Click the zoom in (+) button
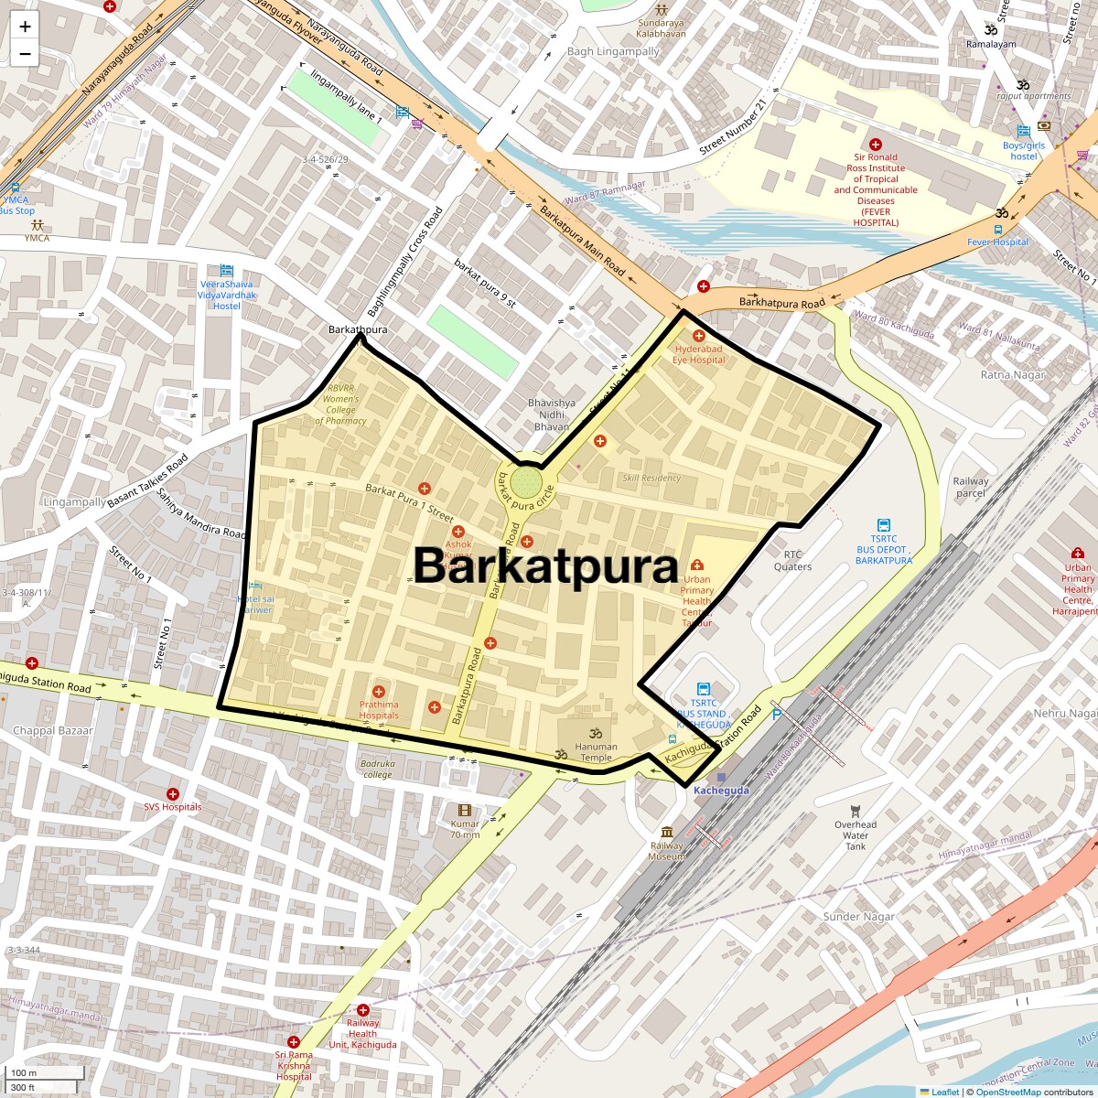click(25, 27)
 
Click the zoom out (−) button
click(25, 54)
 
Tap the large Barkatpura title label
click(545, 566)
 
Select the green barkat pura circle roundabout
click(525, 481)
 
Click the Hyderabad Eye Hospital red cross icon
click(699, 336)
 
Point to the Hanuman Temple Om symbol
click(596, 734)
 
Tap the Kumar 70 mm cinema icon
click(465, 810)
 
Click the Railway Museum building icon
click(667, 832)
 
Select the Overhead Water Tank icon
click(856, 811)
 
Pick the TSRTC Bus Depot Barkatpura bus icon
click(883, 525)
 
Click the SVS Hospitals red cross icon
click(172, 793)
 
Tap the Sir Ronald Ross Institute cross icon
click(876, 145)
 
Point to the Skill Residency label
click(651, 478)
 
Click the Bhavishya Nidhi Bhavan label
click(552, 414)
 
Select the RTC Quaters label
click(792, 561)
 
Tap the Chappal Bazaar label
click(53, 731)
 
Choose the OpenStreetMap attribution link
click(1007, 1092)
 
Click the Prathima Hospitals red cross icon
click(379, 691)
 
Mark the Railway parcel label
click(971, 487)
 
